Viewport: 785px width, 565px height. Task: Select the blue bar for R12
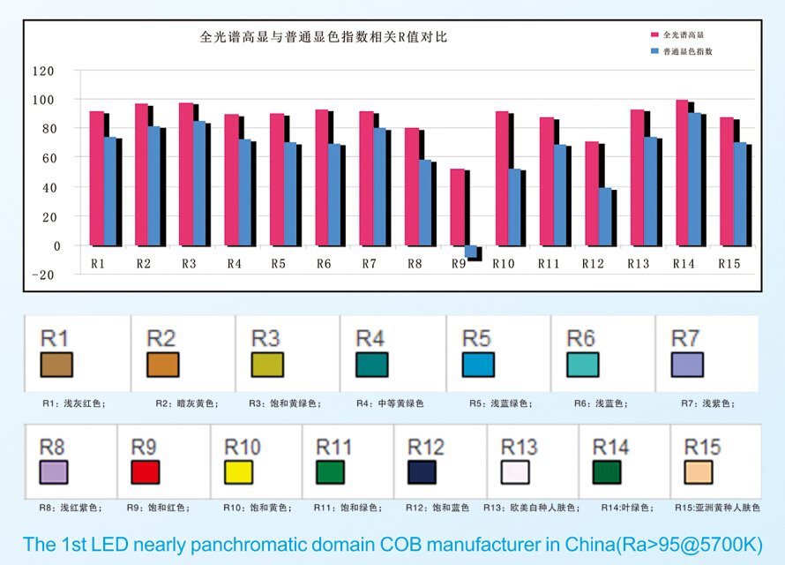click(605, 216)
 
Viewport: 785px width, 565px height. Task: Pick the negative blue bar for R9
click(470, 252)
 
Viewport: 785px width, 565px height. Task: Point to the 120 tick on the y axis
click(42, 71)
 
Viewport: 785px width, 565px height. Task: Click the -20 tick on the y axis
click(42, 275)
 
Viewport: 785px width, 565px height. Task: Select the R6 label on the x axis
click(323, 263)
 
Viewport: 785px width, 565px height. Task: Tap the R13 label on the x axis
click(638, 263)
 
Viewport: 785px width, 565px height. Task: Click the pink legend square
click(655, 34)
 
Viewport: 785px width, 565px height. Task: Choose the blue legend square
click(655, 51)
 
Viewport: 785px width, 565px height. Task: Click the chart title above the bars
click(324, 37)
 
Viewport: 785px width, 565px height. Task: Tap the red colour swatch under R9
click(145, 471)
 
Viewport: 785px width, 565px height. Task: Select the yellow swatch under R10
click(238, 471)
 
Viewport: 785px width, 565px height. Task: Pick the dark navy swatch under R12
click(422, 471)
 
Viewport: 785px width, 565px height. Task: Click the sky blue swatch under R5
click(477, 364)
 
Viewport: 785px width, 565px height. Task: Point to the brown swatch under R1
click(56, 364)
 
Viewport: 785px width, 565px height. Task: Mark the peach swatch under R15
click(699, 471)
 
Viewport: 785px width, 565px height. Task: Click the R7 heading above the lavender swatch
click(685, 338)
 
